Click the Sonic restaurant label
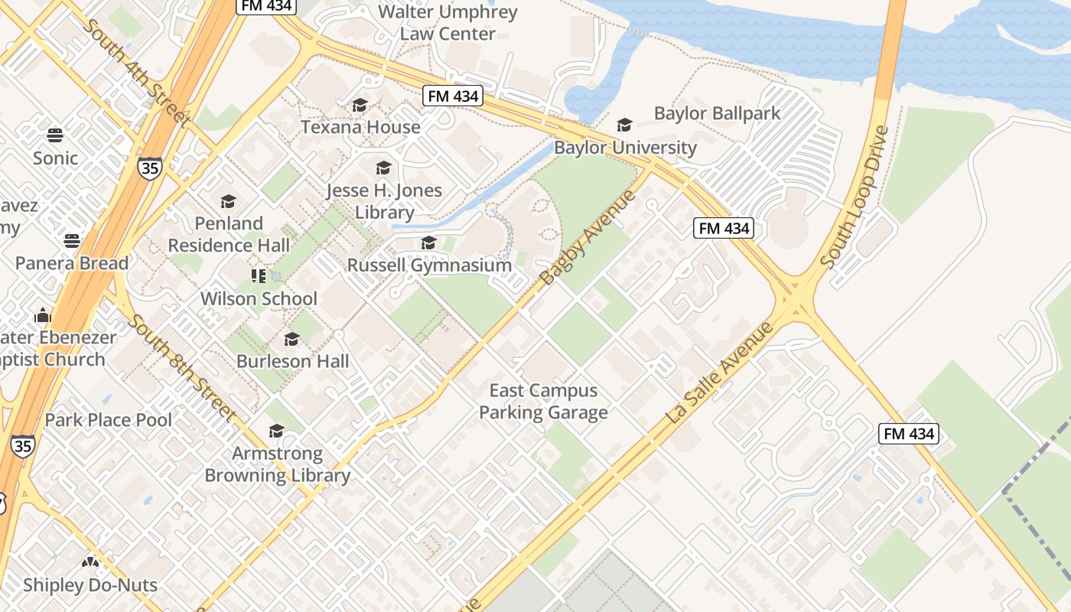pyautogui.click(x=55, y=158)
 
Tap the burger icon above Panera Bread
pyautogui.click(x=72, y=241)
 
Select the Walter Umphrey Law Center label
pyautogui.click(x=448, y=23)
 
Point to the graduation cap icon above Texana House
pyautogui.click(x=360, y=106)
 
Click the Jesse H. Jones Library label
pyautogui.click(x=384, y=201)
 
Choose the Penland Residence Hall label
pyautogui.click(x=229, y=234)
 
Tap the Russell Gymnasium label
pyautogui.click(x=429, y=265)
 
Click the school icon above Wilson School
pyautogui.click(x=259, y=276)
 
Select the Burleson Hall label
pyautogui.click(x=292, y=361)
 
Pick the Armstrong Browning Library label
pyautogui.click(x=277, y=464)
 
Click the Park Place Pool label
pyautogui.click(x=109, y=420)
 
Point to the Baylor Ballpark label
pyautogui.click(x=717, y=114)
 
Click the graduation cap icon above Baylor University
pyautogui.click(x=625, y=125)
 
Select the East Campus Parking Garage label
pyautogui.click(x=543, y=402)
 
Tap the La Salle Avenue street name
pyautogui.click(x=720, y=373)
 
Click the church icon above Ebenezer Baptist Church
pyautogui.click(x=43, y=315)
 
